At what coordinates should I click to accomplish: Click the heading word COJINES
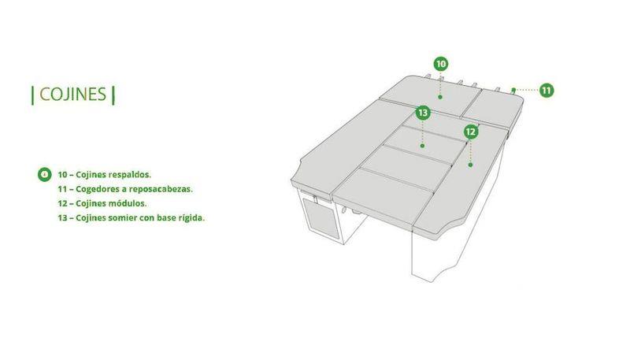[72, 95]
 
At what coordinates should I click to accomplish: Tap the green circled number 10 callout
[441, 64]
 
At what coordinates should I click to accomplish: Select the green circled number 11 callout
[546, 91]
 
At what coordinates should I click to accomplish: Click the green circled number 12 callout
[471, 132]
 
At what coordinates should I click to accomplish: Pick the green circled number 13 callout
[423, 113]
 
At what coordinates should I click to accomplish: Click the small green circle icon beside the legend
[44, 174]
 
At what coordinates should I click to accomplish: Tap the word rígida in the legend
[191, 217]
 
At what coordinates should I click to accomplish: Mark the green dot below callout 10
[440, 97]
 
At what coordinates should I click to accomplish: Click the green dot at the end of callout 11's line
[513, 90]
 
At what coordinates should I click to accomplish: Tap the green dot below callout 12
[470, 165]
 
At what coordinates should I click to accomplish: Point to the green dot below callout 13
[422, 146]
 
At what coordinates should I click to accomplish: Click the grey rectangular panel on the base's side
[320, 217]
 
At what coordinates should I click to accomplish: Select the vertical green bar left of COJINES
[32, 95]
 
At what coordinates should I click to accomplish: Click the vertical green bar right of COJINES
[113, 95]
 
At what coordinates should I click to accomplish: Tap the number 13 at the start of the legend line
[62, 217]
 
